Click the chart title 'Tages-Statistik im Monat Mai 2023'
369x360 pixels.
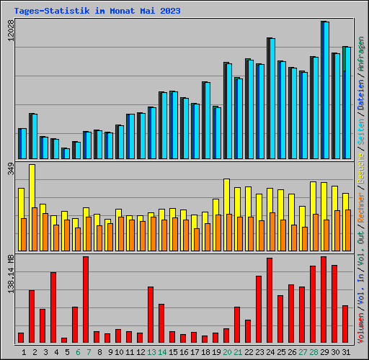[97, 12]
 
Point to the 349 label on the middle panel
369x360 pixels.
[10, 170]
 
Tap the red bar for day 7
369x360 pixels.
[86, 300]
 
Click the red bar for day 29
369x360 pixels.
[324, 300]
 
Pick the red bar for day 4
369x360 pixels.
[53, 307]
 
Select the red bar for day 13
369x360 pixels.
[151, 315]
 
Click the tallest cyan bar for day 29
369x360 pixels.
[325, 90]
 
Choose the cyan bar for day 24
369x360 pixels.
[271, 98]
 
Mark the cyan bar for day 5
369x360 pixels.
[66, 153]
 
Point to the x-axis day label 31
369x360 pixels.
[345, 352]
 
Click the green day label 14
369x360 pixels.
[161, 352]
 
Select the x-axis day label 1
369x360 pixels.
[24, 352]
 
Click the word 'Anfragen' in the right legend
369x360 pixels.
[361, 53]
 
